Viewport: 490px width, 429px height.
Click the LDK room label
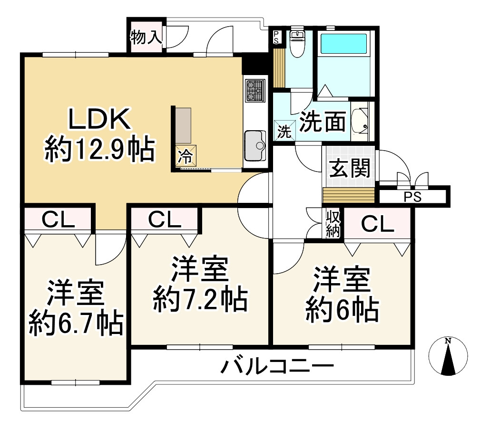[x=99, y=120]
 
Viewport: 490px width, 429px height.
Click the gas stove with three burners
[x=255, y=91]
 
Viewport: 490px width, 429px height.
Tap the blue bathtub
[x=343, y=44]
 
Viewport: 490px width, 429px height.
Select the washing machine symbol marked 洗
[x=284, y=131]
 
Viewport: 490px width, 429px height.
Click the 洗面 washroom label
[x=323, y=123]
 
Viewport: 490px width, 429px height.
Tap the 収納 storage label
[x=333, y=224]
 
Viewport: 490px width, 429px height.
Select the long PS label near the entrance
[x=412, y=197]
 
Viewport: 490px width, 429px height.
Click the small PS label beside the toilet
[x=276, y=38]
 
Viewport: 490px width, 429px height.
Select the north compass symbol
[x=448, y=357]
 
